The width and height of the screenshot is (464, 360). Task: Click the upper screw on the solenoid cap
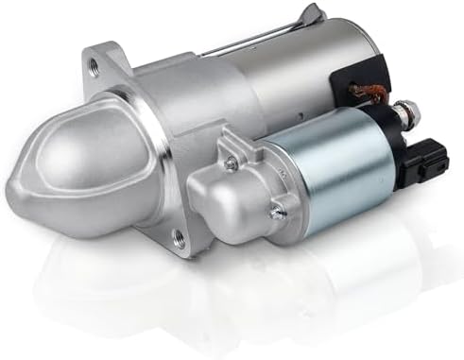231,163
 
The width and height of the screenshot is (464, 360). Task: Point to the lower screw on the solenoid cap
277,212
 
